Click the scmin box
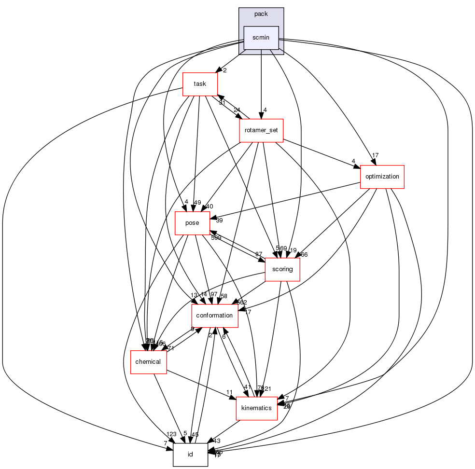click(x=261, y=38)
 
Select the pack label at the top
click(x=261, y=14)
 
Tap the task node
click(x=200, y=84)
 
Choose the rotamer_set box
click(x=261, y=130)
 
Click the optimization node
click(x=382, y=177)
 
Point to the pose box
click(x=192, y=223)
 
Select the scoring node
click(x=282, y=269)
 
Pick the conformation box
click(x=215, y=316)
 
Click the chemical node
click(x=148, y=362)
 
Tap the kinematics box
click(x=256, y=409)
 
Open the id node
click(x=190, y=455)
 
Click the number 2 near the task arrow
click(x=224, y=70)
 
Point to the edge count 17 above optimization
click(x=375, y=155)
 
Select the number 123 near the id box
click(x=172, y=434)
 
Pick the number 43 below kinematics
click(x=217, y=441)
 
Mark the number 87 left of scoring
click(x=259, y=254)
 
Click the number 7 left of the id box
click(x=165, y=443)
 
